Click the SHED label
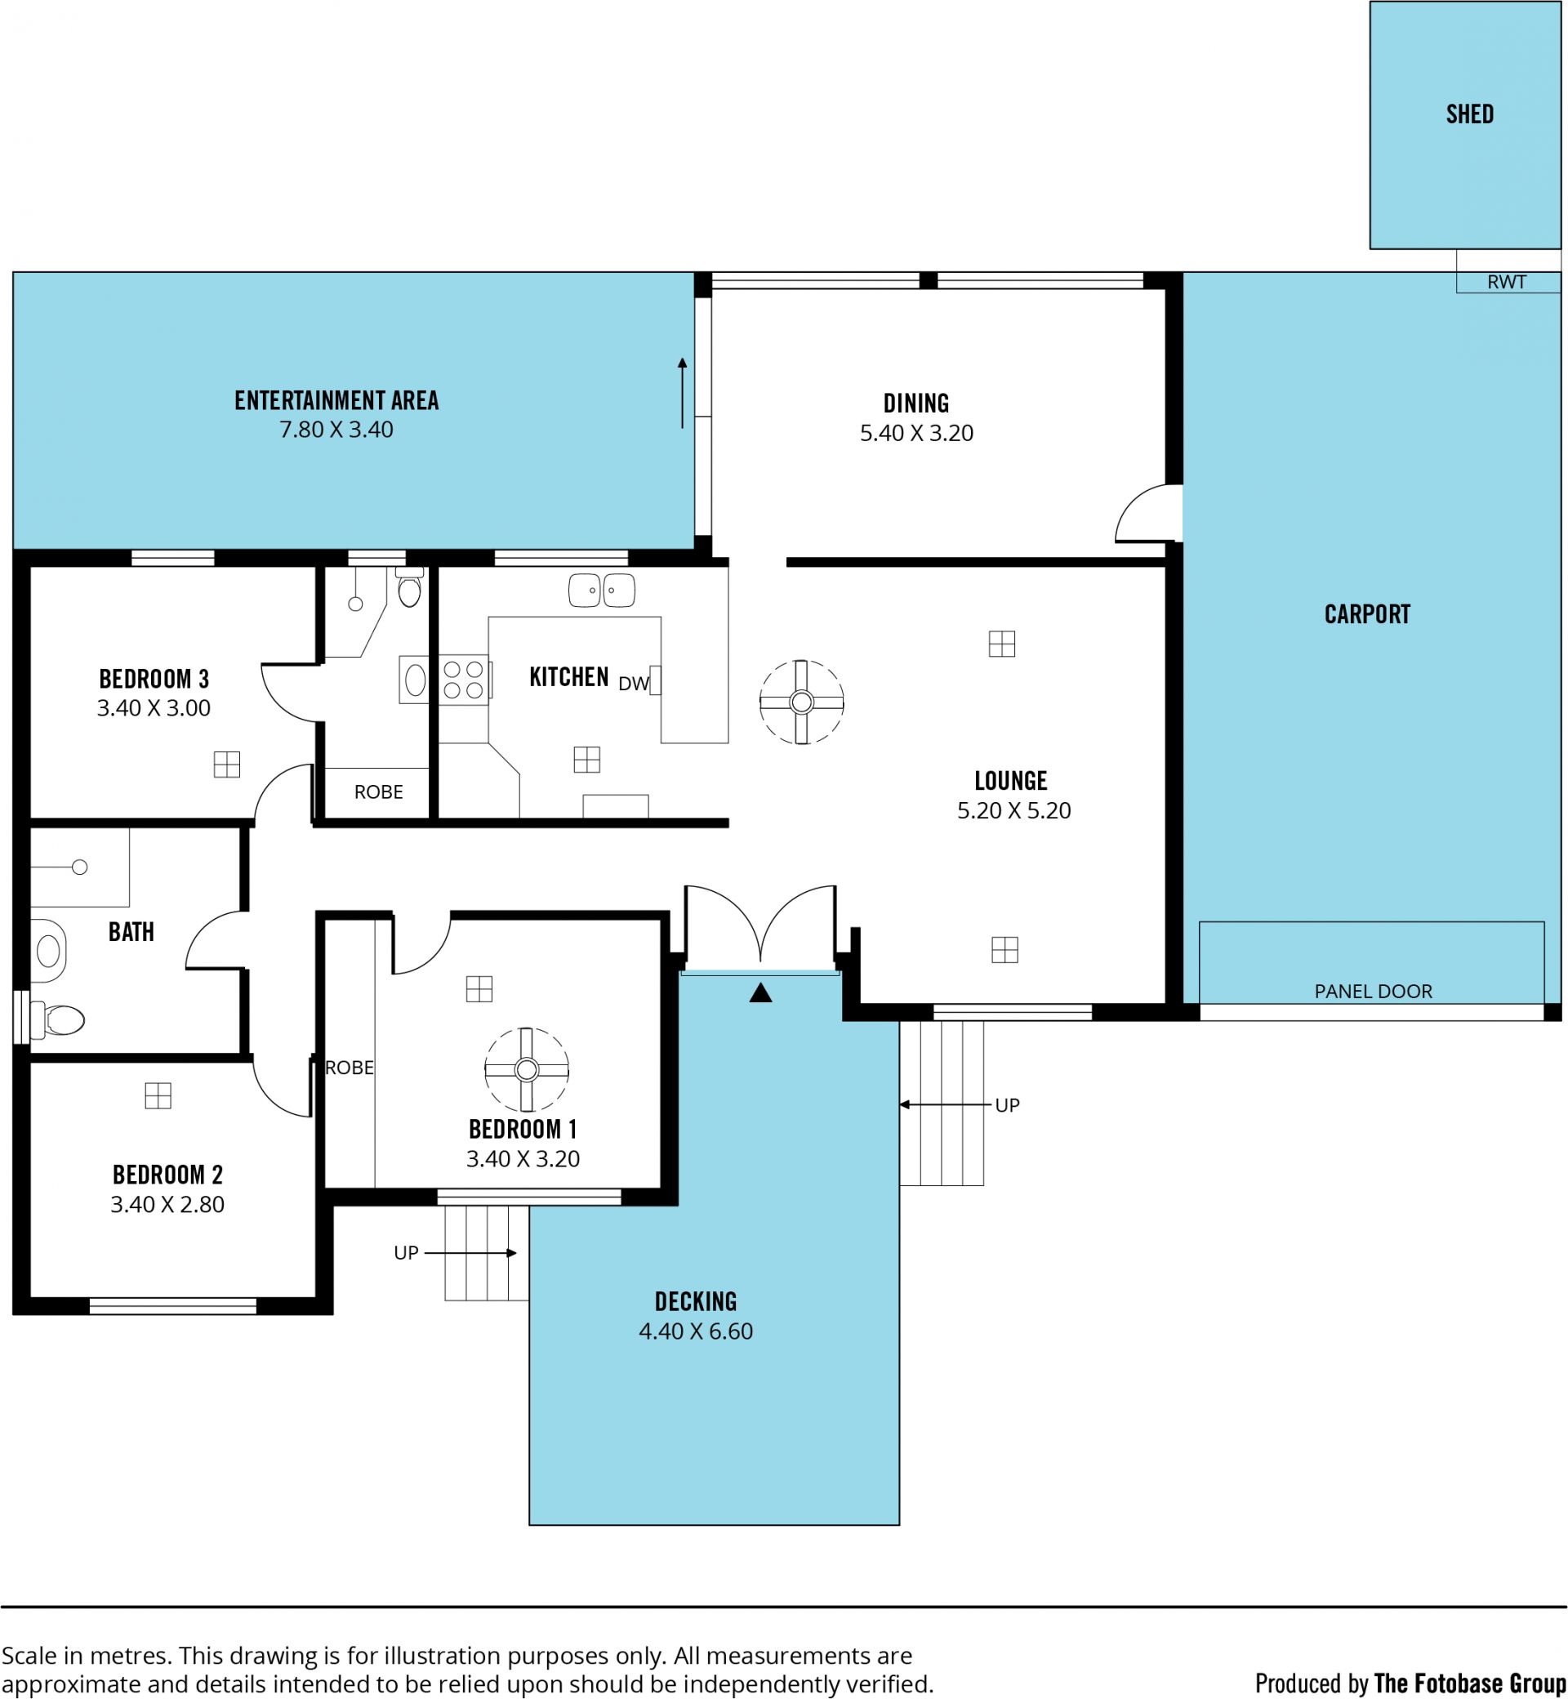click(1469, 114)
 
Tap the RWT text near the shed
click(1506, 282)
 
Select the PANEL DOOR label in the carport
click(1373, 992)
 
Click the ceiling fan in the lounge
click(802, 702)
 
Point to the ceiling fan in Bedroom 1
click(526, 1069)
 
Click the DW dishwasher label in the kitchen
click(634, 684)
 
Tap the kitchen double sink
click(602, 590)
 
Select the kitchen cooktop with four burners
click(463, 680)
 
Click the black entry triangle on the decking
click(760, 992)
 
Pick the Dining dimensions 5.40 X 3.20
click(916, 434)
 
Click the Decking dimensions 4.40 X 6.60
click(696, 1331)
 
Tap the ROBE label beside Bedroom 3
click(378, 792)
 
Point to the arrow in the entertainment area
click(681, 393)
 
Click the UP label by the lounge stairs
click(1007, 1105)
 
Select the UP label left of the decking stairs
click(407, 1253)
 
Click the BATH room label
click(131, 932)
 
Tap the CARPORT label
click(1367, 614)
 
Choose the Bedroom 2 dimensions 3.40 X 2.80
click(167, 1204)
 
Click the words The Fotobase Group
click(1469, 1683)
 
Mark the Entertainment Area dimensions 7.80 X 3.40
click(336, 430)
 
